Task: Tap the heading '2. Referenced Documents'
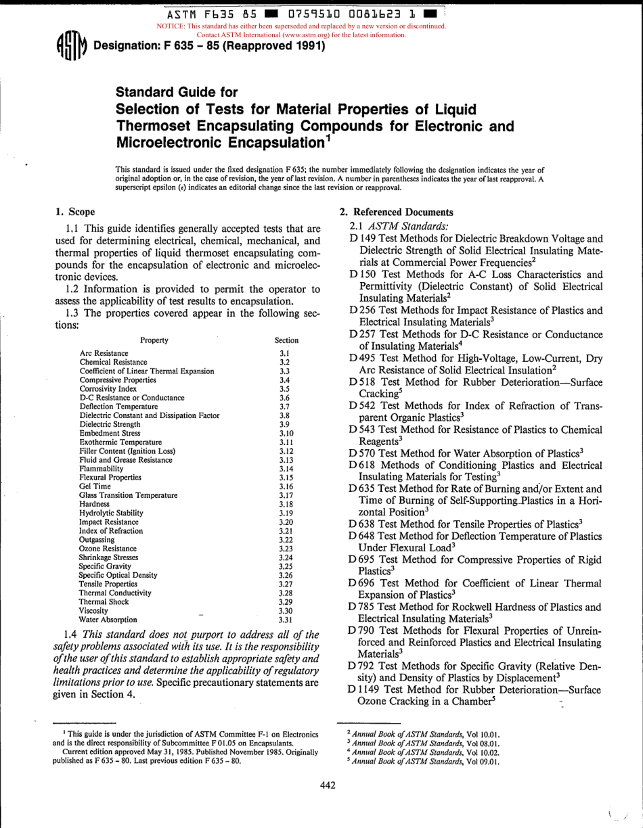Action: point(396,212)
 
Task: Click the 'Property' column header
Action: point(154,340)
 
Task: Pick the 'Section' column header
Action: point(286,340)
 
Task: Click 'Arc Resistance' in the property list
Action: point(104,353)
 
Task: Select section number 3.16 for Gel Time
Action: point(286,486)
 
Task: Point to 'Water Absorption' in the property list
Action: point(108,619)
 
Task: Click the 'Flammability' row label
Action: point(101,468)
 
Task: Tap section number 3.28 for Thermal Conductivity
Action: point(286,593)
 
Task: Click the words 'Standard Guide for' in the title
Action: point(177,93)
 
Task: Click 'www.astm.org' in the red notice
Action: point(298,34)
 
